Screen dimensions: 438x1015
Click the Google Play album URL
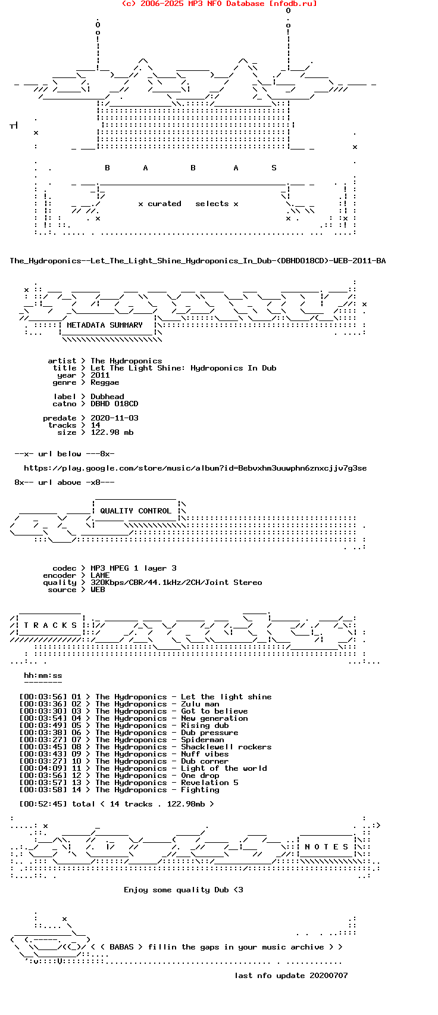pyautogui.click(x=195, y=468)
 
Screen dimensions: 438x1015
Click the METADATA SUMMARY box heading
pyautogui.click(x=105, y=325)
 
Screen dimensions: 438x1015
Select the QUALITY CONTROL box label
pyautogui.click(x=136, y=511)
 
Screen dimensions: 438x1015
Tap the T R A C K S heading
pyautogui.click(x=51, y=625)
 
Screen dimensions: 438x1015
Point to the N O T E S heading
pyautogui.click(x=327, y=847)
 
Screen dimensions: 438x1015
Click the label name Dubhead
pyautogui.click(x=107, y=397)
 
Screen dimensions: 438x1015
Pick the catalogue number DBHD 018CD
pyautogui.click(x=114, y=404)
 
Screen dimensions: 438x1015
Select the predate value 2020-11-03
pyautogui.click(x=114, y=418)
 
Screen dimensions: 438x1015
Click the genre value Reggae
pyautogui.click(x=105, y=382)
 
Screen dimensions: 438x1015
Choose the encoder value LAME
pyautogui.click(x=100, y=575)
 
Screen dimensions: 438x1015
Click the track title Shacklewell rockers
pyautogui.click(x=226, y=747)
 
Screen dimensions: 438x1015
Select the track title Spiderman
pyautogui.click(x=202, y=740)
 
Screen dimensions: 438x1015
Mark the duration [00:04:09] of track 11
pyautogui.click(x=43, y=768)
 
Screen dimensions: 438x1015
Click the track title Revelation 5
pyautogui.click(x=209, y=783)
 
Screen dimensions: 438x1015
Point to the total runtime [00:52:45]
pyautogui.click(x=43, y=804)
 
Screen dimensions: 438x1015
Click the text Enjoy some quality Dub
pyautogui.click(x=176, y=890)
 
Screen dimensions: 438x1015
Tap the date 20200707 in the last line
pyautogui.click(x=328, y=976)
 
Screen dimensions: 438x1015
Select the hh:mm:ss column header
pyautogui.click(x=43, y=675)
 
